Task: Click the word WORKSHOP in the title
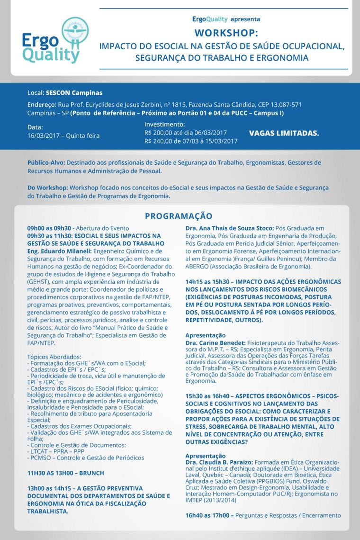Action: click(x=226, y=33)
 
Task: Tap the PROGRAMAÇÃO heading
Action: click(x=179, y=216)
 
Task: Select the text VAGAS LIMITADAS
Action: click(x=284, y=133)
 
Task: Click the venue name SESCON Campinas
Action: click(x=74, y=93)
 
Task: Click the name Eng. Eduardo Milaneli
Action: click(x=59, y=251)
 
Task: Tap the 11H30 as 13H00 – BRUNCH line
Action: click(x=65, y=473)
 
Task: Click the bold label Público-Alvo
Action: click(x=45, y=162)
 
